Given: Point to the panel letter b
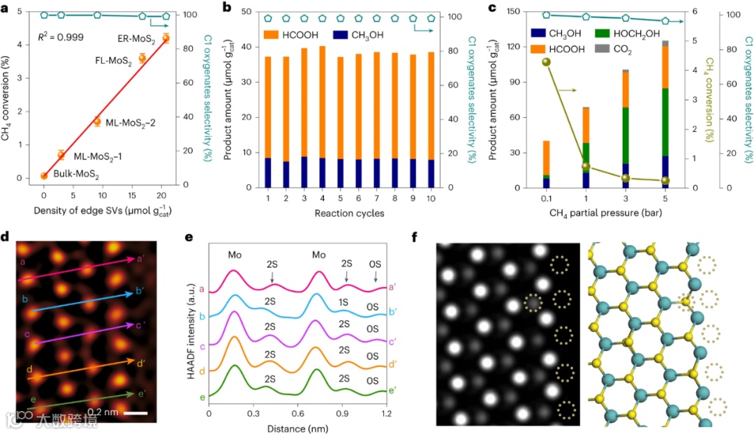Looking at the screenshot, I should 226,8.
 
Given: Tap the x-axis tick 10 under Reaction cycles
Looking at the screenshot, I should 430,199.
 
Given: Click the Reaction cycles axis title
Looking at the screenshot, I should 350,213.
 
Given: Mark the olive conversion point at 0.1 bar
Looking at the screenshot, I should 546,62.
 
